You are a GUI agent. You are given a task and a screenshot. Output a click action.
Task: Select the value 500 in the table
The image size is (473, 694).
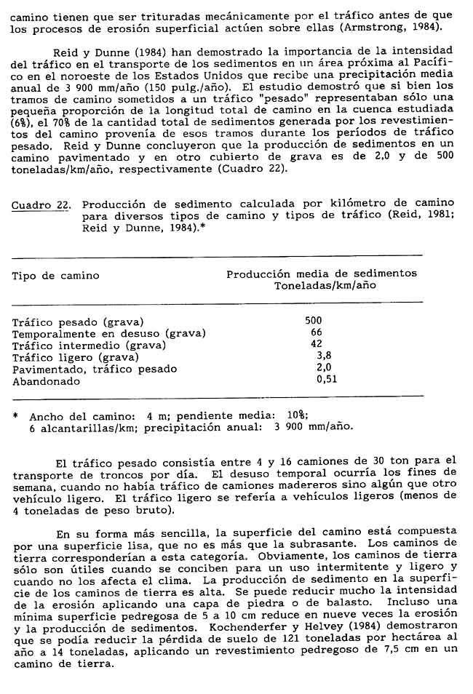point(314,320)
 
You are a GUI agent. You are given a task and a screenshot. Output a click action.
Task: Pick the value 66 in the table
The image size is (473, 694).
point(317,332)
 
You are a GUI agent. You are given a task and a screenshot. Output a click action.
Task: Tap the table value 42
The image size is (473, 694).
point(317,344)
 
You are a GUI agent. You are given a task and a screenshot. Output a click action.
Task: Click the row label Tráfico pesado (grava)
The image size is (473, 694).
point(79,321)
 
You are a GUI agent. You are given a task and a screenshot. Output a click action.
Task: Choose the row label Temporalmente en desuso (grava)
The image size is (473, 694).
point(109,333)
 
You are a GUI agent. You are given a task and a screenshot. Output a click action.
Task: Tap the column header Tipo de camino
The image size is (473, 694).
point(56,276)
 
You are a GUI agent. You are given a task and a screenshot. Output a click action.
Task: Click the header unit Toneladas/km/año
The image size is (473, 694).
point(325,286)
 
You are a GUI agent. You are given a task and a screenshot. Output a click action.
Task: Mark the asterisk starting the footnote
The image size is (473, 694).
point(16,416)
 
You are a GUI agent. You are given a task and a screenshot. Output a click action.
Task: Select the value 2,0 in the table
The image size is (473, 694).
point(325,368)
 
